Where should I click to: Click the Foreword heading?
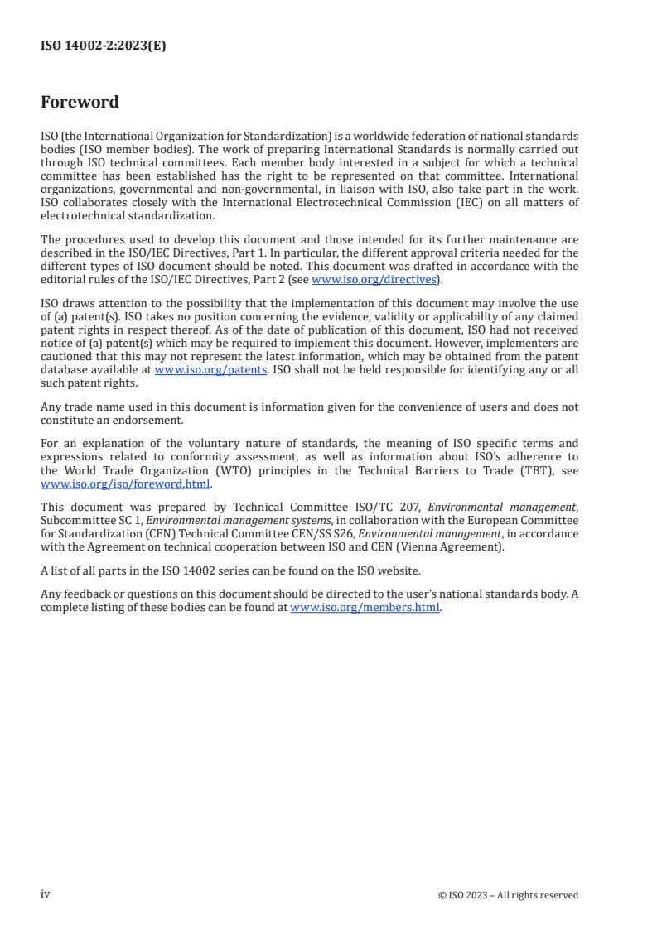click(80, 103)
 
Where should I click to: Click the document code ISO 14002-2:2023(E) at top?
click(103, 46)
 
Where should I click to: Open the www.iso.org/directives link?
click(374, 279)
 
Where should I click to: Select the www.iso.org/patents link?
click(210, 369)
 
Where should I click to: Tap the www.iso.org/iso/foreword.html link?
click(126, 484)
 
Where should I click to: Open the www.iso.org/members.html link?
click(365, 607)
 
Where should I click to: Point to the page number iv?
click(46, 894)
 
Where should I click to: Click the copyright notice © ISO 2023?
click(508, 895)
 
